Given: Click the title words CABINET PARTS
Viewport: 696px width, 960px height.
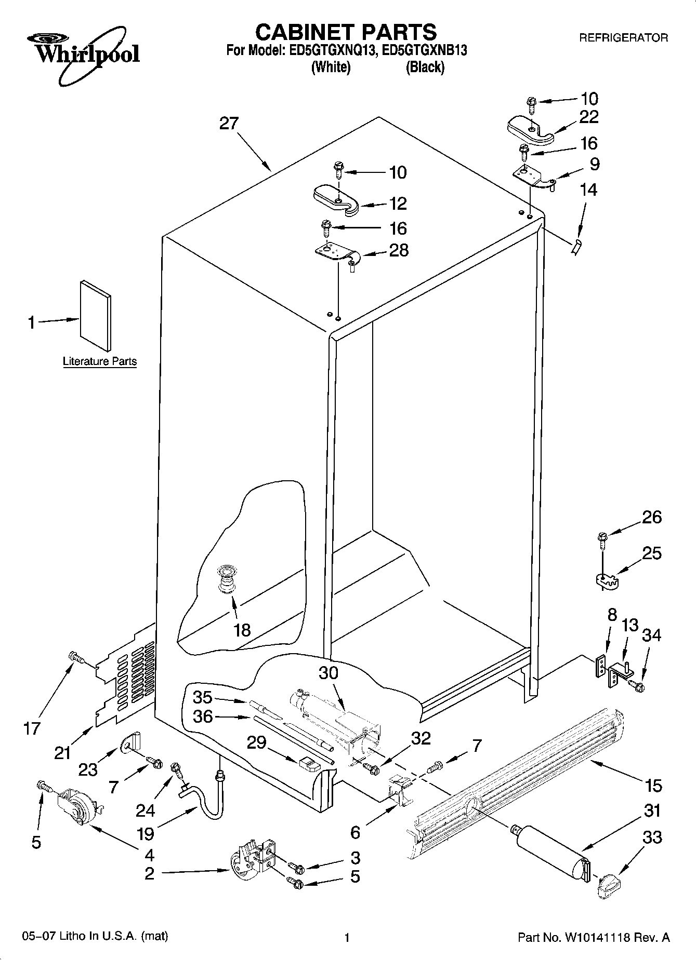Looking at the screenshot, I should pyautogui.click(x=346, y=32).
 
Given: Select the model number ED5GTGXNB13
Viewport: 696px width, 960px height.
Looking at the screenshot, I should pyautogui.click(x=426, y=51).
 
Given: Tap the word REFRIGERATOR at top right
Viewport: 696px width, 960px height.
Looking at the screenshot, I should pyautogui.click(x=624, y=38).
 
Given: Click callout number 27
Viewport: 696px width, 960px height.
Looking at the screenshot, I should pyautogui.click(x=229, y=124).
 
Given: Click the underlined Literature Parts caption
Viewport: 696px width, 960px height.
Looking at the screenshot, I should pyautogui.click(x=100, y=361).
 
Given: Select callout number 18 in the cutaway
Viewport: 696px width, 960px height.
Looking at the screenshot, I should pyautogui.click(x=242, y=630).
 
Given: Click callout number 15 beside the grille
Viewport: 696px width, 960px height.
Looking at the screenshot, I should pyautogui.click(x=654, y=786).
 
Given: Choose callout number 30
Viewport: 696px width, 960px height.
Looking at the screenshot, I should pyautogui.click(x=329, y=673).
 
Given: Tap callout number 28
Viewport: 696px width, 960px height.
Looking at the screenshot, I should pyautogui.click(x=399, y=250).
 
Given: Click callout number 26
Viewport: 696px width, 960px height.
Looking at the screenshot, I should pyautogui.click(x=652, y=517).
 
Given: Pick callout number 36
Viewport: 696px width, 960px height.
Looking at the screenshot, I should pyautogui.click(x=203, y=716).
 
